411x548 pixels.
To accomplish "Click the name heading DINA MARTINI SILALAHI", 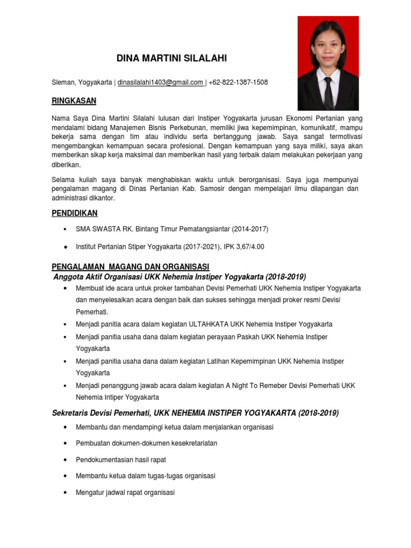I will point(168,58).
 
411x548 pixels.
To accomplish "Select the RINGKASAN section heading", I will point(74,101).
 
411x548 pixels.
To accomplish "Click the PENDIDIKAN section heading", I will point(74,213).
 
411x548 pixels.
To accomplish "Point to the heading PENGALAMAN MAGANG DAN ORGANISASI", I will point(130,267).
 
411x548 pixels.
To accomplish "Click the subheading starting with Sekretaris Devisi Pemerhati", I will point(195,413).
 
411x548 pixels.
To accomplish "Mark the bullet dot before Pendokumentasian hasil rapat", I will point(65,460).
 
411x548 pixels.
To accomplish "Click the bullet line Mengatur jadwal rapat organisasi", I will point(125,492).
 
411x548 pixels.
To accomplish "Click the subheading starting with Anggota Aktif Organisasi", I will point(180,277).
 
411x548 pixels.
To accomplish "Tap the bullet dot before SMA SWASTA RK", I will point(65,229).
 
